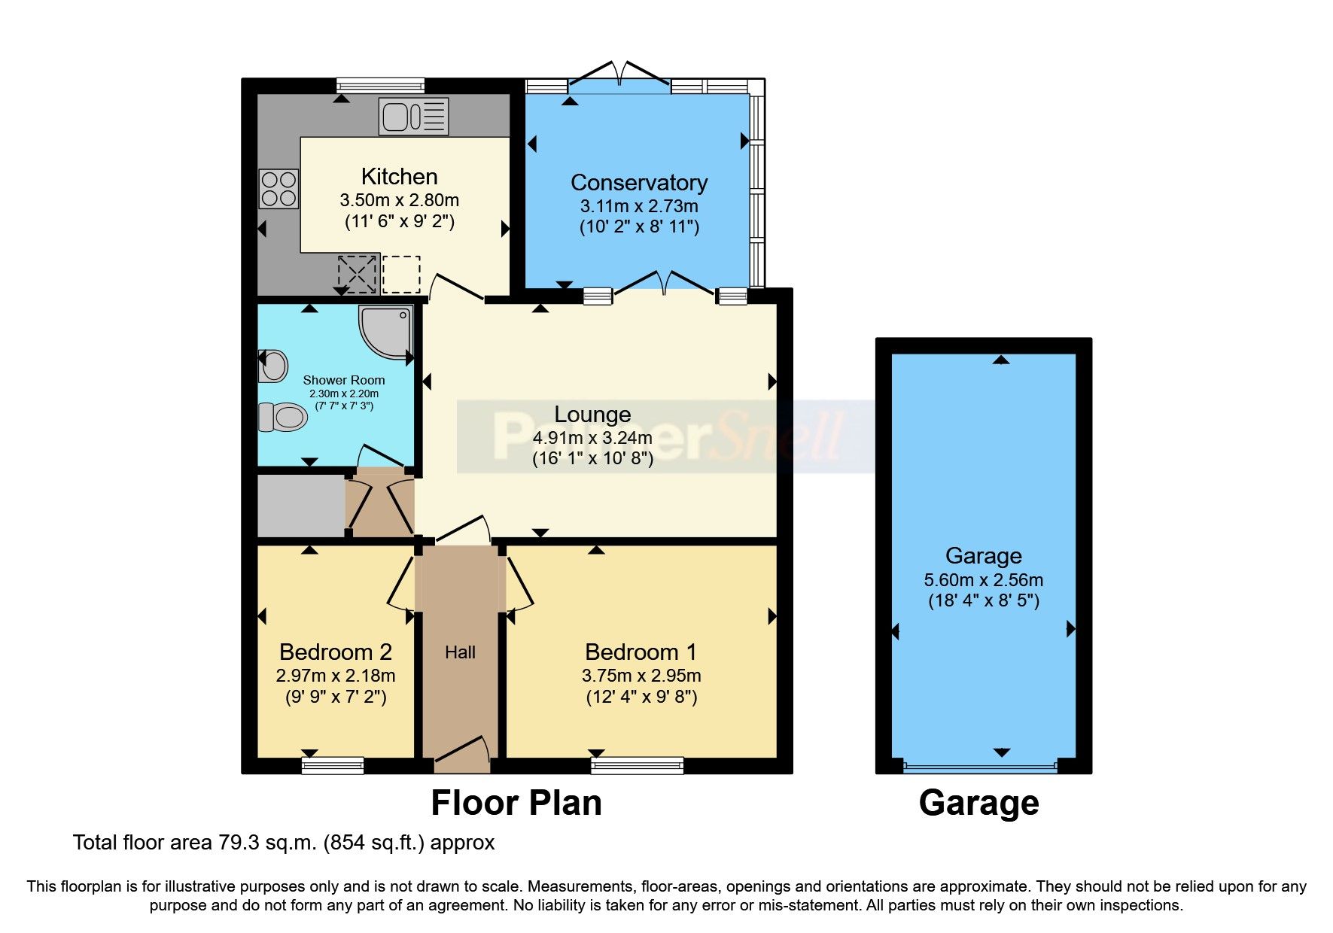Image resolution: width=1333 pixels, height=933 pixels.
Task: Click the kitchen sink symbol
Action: tap(414, 117)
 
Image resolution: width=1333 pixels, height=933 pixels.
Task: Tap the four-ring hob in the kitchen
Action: tap(278, 189)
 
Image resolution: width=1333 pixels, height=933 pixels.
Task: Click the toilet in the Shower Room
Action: tap(282, 416)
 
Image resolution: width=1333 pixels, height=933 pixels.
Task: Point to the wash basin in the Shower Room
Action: tap(272, 366)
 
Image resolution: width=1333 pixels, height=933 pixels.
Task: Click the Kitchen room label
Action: tap(399, 177)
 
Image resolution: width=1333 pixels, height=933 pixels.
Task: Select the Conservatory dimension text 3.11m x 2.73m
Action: tap(638, 205)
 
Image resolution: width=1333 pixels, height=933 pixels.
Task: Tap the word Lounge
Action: tap(592, 415)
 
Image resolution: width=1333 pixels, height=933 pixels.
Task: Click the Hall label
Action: tap(460, 652)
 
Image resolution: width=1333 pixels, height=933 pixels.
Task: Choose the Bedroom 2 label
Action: tap(335, 652)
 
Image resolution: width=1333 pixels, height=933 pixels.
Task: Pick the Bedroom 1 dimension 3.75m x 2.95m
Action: tap(641, 675)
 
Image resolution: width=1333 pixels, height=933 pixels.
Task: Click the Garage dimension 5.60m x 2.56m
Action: tap(983, 579)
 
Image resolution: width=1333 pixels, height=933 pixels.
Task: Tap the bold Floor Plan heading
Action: tap(516, 803)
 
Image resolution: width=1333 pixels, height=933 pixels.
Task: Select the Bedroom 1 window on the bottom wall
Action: tap(638, 766)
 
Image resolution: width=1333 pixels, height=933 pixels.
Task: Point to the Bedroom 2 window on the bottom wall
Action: tap(333, 766)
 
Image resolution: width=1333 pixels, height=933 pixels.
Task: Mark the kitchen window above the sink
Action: tap(380, 85)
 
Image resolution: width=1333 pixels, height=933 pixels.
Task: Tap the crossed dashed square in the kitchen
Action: tap(358, 274)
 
